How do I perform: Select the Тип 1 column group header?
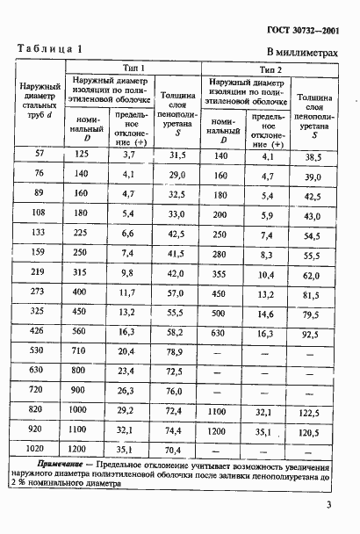[134, 68]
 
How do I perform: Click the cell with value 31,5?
[178, 155]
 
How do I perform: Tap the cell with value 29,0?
[178, 175]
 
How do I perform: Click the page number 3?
[326, 504]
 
